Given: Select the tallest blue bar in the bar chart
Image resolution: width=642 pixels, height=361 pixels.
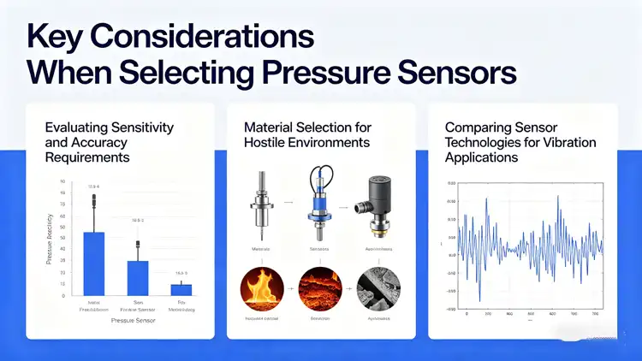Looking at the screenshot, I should click(93, 263).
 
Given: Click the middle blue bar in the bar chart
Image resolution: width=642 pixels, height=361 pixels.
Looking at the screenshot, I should click(138, 277).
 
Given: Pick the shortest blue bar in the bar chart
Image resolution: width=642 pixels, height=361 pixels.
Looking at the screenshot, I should click(181, 289).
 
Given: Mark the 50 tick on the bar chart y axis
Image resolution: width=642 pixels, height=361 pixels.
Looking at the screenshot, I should click(62, 238).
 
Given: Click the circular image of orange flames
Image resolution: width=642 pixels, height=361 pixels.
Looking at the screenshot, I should click(261, 292).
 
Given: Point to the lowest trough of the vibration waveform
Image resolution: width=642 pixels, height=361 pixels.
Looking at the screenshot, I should click(479, 300).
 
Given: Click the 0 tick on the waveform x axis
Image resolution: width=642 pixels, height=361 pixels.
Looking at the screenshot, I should click(467, 314).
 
